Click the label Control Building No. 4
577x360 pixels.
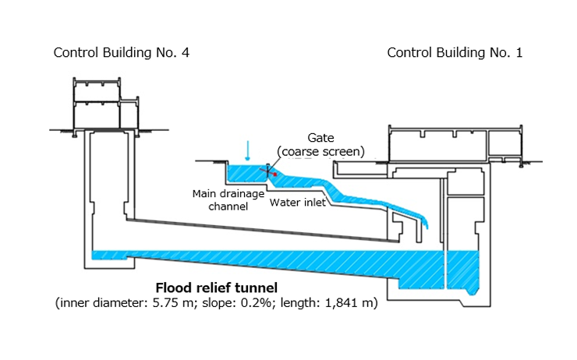click(121, 53)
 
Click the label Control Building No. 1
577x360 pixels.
click(455, 53)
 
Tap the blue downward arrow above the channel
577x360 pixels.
click(248, 149)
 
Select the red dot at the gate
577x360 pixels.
click(274, 175)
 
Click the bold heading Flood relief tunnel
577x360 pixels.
click(215, 287)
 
